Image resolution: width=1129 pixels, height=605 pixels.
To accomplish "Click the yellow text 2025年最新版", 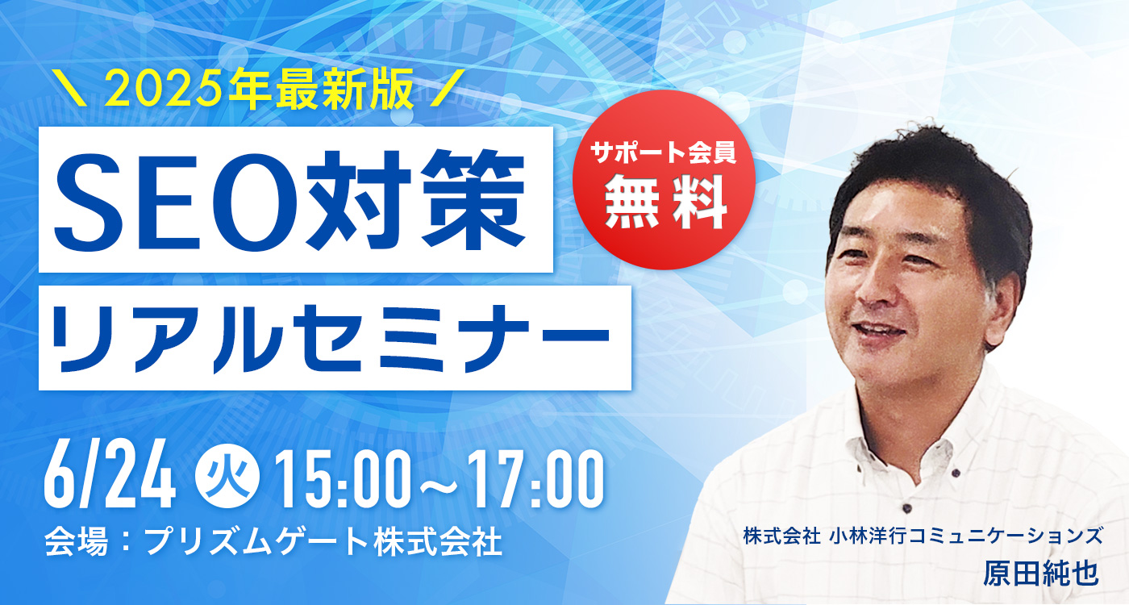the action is [259, 89].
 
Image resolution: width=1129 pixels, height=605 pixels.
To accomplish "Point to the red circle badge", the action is [664, 179].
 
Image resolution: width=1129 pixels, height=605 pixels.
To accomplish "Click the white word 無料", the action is [665, 202].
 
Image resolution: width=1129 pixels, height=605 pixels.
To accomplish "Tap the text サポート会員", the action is [664, 152].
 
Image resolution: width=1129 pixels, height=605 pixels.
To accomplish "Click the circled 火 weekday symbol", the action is [227, 478].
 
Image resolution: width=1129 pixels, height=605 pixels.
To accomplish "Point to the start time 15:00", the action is [342, 479].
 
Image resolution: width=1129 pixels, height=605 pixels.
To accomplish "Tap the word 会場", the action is [76, 542].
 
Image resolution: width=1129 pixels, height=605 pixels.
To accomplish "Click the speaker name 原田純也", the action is [1040, 574].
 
